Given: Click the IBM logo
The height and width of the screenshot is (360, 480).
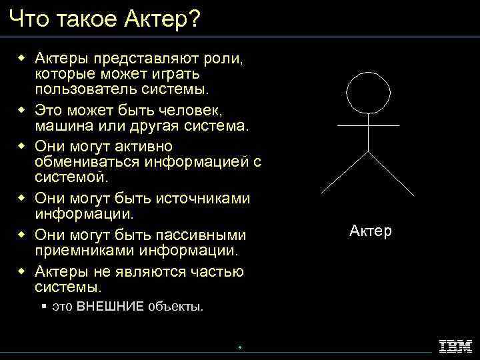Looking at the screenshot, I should pyautogui.click(x=455, y=345).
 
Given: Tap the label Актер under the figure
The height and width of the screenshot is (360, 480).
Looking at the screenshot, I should pyautogui.click(x=370, y=231).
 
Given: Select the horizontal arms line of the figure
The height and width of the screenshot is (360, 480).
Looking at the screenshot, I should pyautogui.click(x=369, y=125).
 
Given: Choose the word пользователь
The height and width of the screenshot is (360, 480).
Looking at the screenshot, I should pyautogui.click(x=83, y=89).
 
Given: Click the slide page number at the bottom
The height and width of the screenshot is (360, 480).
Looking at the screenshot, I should pyautogui.click(x=239, y=347).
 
